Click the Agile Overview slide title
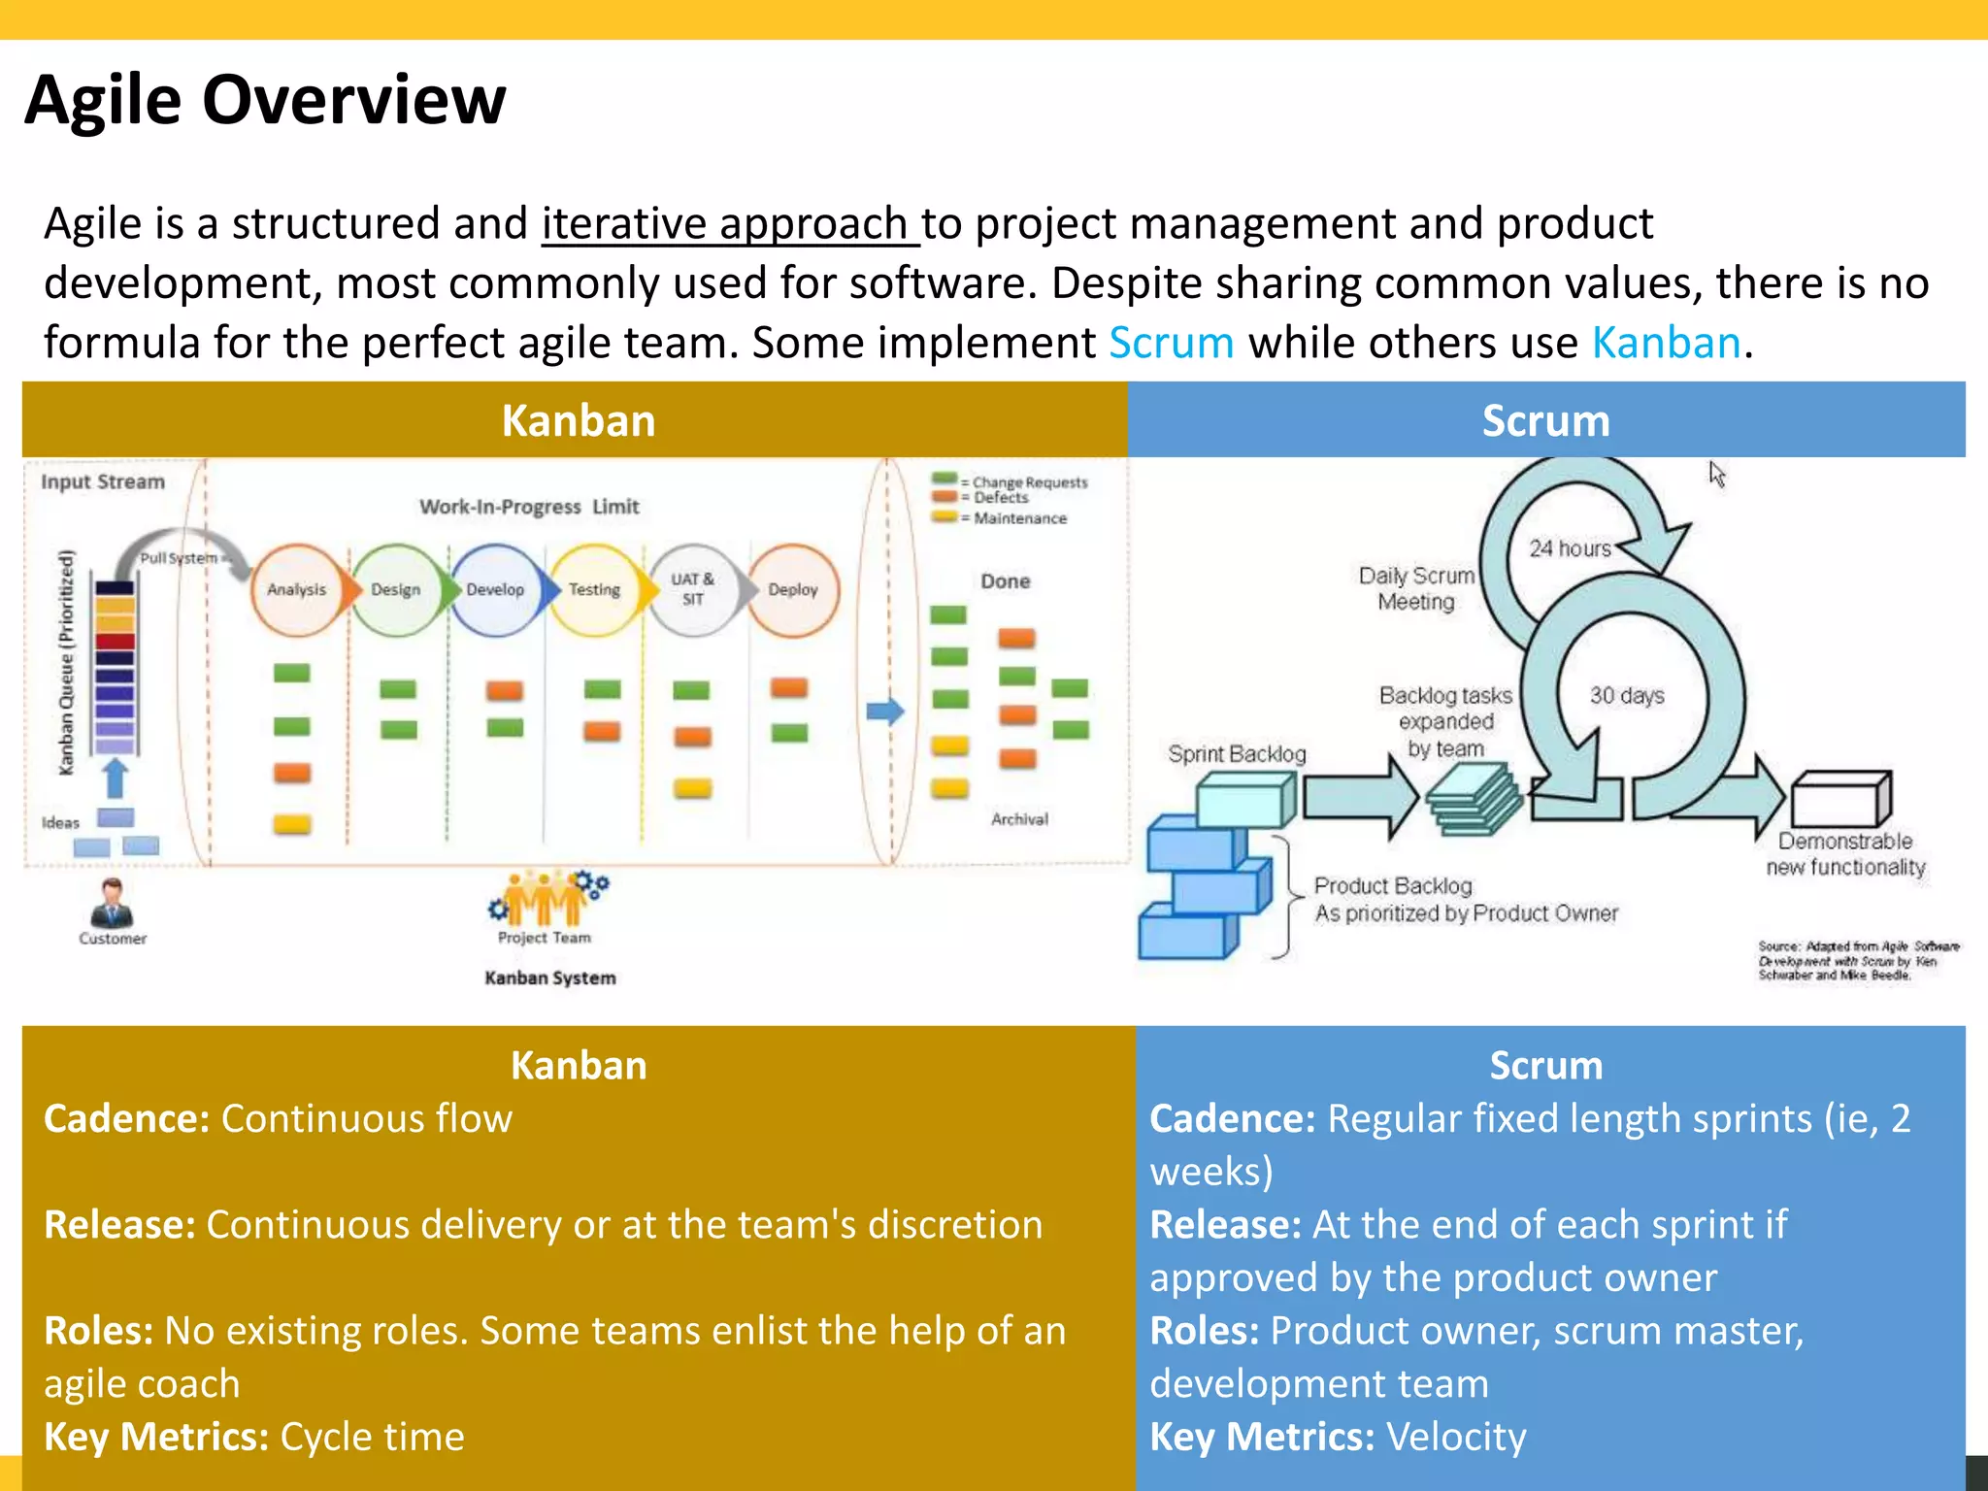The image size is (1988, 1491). pos(265,100)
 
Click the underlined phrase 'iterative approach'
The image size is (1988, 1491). pos(724,224)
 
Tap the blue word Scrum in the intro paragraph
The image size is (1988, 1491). pos(1171,343)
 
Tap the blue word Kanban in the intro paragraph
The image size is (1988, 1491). pos(1666,343)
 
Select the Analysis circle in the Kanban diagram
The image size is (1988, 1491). pos(296,589)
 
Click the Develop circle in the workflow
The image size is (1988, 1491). pos(494,589)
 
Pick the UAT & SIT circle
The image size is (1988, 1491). pos(692,589)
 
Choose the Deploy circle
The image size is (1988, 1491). pos(792,589)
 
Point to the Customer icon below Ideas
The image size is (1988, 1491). pos(113,904)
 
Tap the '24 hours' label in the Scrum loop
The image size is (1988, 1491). pos(1570,548)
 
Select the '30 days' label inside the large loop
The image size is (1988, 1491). pos(1626,695)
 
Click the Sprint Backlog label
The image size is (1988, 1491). pos(1237,754)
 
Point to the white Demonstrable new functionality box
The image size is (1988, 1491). pos(1840,799)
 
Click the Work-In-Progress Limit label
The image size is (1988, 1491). pos(529,507)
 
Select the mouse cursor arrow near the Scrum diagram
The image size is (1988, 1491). pos(1716,474)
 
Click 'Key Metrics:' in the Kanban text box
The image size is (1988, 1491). pos(155,1437)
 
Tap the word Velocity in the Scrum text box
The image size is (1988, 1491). pos(1456,1437)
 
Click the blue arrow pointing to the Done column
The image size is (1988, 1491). pos(884,712)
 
